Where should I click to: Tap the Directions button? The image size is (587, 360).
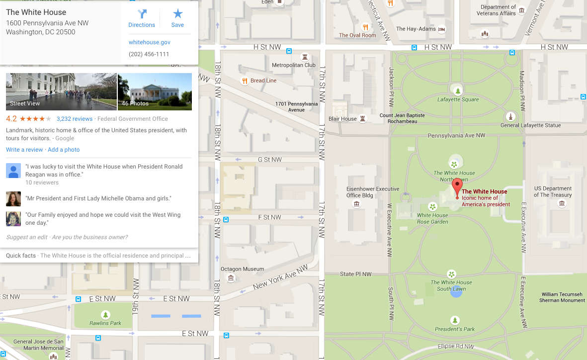[142, 18]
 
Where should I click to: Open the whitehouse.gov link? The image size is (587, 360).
[149, 43]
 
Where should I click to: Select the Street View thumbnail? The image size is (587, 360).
[61, 91]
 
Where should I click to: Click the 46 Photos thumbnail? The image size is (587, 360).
[155, 91]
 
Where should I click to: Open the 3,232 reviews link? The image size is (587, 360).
[75, 119]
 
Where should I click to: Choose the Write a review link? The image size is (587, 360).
[24, 150]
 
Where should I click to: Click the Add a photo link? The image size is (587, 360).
[64, 150]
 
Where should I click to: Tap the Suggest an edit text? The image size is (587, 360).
[27, 237]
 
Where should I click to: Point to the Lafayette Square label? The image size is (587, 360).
[458, 99]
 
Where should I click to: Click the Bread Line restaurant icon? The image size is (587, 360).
[244, 81]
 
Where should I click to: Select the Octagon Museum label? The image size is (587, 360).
[242, 269]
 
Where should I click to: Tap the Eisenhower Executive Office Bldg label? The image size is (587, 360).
[373, 192]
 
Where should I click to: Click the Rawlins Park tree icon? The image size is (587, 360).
[105, 315]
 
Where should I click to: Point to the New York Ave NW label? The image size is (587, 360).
[280, 277]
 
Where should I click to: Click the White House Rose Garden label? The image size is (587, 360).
[432, 218]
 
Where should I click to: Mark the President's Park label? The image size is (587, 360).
[455, 329]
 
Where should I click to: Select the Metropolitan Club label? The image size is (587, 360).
[293, 65]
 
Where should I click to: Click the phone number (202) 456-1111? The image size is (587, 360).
[149, 54]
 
